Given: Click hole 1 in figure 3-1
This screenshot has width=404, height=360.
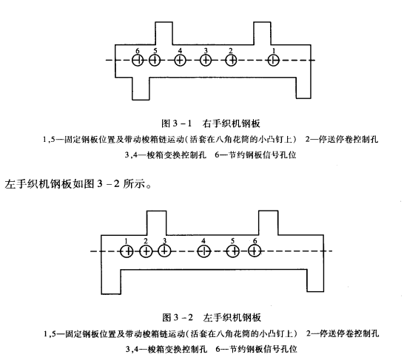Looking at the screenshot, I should click(275, 61).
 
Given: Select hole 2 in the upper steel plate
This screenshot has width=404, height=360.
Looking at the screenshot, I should click(231, 61).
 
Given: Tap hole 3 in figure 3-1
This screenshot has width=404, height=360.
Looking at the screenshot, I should click(205, 61).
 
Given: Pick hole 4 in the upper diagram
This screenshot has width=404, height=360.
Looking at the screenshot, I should click(180, 61).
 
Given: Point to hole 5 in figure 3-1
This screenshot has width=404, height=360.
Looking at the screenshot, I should click(155, 61).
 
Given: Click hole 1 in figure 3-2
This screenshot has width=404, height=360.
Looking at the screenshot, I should click(127, 251).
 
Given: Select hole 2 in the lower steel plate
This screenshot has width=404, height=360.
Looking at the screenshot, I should click(146, 251).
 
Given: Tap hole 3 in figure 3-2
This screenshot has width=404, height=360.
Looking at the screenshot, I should click(164, 251).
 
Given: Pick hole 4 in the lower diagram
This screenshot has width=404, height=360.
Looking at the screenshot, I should click(204, 251).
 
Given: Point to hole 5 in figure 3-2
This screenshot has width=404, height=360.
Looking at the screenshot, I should click(233, 251).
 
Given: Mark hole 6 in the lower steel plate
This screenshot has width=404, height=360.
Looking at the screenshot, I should click(255, 251).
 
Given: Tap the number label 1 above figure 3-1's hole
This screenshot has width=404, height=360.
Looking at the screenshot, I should click(275, 50).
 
